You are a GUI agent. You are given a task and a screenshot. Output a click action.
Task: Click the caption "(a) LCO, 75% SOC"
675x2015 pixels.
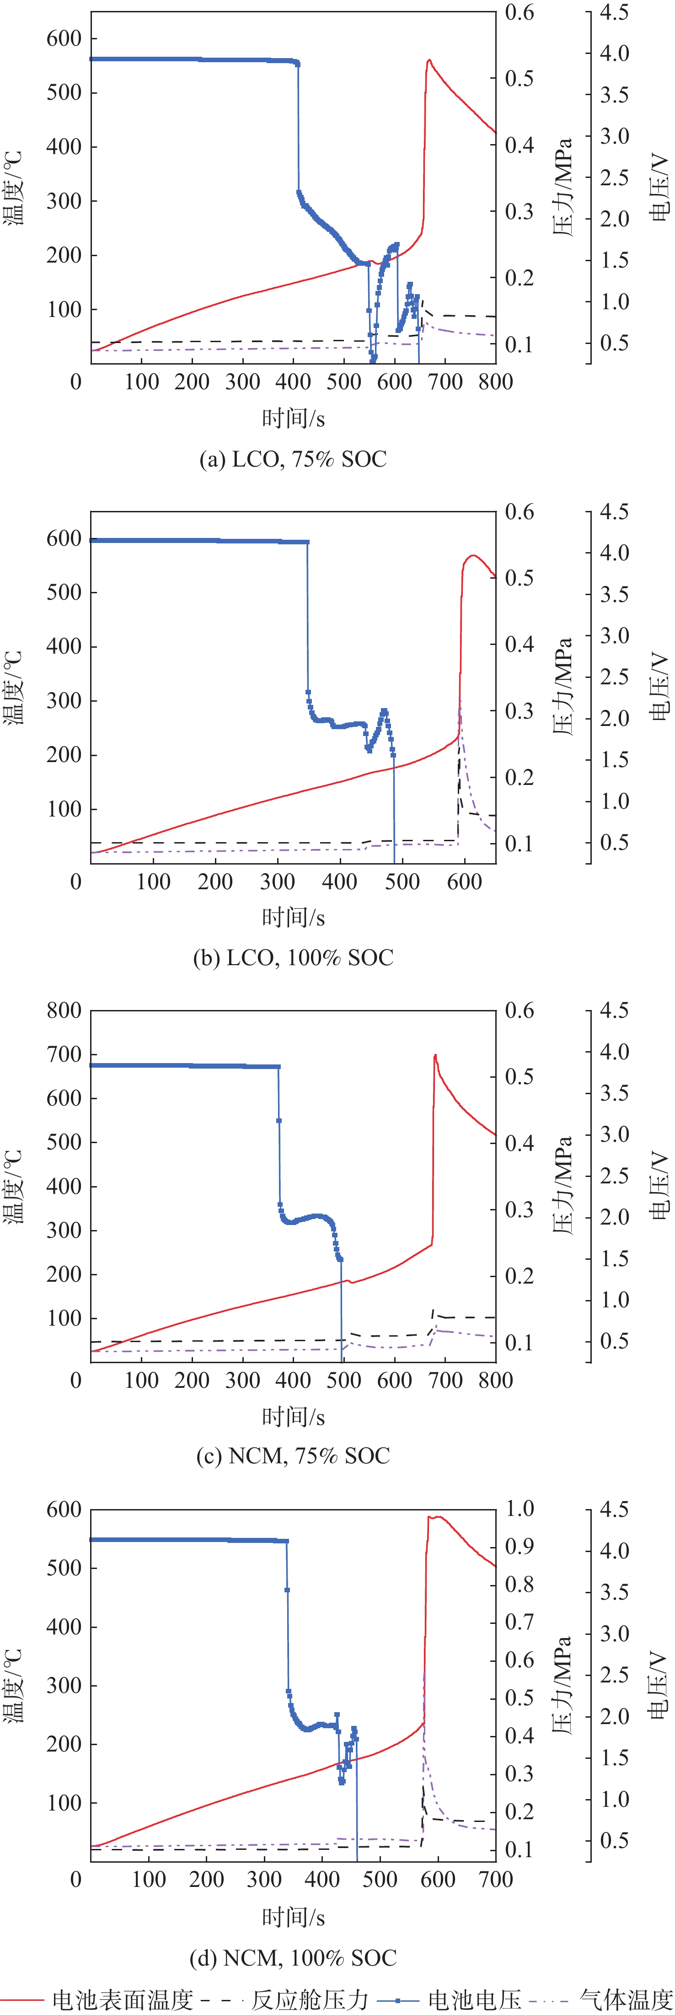click(x=293, y=459)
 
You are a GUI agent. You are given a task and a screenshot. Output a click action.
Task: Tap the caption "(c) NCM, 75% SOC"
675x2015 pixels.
click(x=293, y=1456)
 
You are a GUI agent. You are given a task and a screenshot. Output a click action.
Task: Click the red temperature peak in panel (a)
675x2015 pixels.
click(x=429, y=60)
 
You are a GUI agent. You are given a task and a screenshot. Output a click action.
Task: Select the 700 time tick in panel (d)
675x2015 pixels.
click(x=495, y=1879)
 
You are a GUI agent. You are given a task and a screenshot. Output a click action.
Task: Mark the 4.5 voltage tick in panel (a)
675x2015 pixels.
click(x=614, y=12)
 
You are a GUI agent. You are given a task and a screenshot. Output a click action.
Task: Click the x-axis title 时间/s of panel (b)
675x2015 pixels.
click(x=293, y=917)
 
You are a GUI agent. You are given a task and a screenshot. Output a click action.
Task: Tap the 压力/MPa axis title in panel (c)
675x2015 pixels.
click(x=562, y=1186)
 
